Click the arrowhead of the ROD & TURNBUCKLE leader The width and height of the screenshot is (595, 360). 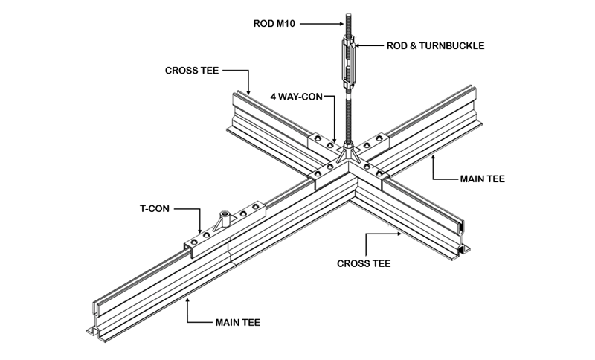(x=359, y=45)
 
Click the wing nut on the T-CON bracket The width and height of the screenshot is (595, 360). (x=222, y=219)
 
